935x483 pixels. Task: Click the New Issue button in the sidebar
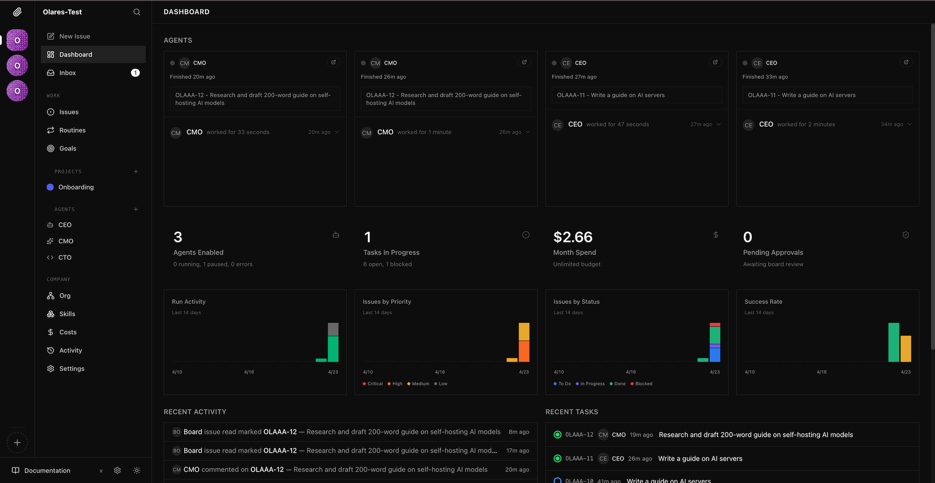(74, 36)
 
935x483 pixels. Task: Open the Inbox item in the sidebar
(67, 73)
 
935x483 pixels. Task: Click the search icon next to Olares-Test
(137, 12)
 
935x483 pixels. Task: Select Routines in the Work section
(72, 130)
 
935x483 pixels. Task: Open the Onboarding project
(76, 187)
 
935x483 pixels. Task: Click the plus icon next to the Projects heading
(136, 171)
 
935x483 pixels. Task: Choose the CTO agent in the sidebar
(65, 257)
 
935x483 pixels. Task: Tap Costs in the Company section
(68, 332)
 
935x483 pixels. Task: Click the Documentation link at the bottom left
(47, 470)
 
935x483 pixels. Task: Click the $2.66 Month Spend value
(573, 237)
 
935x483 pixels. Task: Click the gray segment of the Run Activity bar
(333, 329)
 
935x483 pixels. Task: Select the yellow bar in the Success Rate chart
(906, 348)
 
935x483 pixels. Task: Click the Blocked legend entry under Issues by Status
(643, 384)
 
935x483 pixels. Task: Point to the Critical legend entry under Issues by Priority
(374, 384)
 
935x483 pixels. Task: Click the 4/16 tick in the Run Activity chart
(249, 372)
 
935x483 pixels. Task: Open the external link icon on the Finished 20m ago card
(333, 62)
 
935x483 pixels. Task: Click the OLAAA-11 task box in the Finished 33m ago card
(827, 95)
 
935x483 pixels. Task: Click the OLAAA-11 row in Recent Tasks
(732, 459)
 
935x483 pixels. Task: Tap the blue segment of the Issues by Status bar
(715, 355)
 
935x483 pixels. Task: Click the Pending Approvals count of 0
(748, 237)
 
